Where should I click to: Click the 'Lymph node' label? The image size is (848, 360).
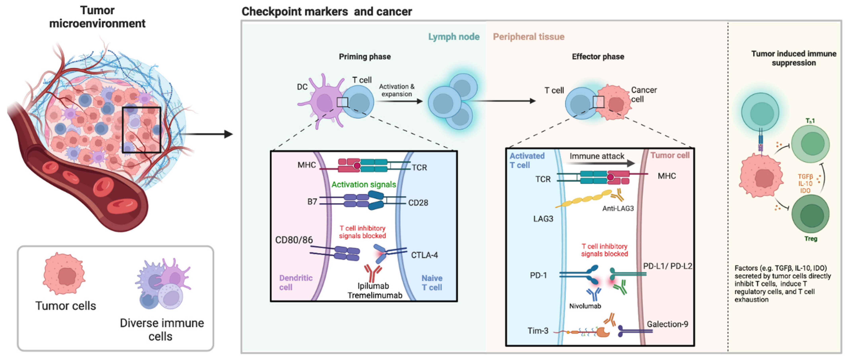454,37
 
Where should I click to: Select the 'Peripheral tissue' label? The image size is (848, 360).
528,37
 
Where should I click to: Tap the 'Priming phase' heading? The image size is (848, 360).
365,57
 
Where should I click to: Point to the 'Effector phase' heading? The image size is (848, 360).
598,57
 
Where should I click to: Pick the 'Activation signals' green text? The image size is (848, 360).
363,185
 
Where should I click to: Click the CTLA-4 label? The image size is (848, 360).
424,255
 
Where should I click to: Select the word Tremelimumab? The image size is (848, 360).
375,295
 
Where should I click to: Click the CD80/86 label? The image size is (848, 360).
294,240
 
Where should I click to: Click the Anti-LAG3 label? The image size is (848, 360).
618,208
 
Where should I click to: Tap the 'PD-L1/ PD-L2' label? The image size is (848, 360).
668,266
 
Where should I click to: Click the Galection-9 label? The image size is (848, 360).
667,324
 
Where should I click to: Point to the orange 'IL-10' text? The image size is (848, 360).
805,184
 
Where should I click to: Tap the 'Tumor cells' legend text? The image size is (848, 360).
66,306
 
